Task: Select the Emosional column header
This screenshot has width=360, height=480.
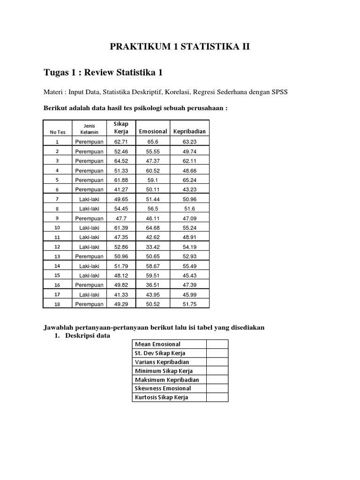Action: click(153, 131)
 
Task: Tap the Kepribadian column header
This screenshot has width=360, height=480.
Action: click(189, 131)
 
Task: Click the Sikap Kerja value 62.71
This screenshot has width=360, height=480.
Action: click(121, 141)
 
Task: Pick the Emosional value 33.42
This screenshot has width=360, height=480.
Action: click(153, 247)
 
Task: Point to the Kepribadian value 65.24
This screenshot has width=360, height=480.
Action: click(189, 180)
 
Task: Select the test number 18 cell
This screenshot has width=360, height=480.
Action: click(57, 304)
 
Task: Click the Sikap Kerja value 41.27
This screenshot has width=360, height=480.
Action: click(121, 189)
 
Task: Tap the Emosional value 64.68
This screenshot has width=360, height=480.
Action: click(153, 227)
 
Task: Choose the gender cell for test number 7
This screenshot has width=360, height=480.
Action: click(89, 199)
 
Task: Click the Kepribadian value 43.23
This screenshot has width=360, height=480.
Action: click(189, 189)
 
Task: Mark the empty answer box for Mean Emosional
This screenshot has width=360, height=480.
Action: click(217, 344)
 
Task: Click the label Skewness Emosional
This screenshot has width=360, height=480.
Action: click(163, 389)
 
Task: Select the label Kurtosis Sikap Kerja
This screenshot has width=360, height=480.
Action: click(161, 397)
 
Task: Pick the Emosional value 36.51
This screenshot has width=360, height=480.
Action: click(153, 285)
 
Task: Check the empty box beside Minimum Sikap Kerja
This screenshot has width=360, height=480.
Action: click(217, 371)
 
